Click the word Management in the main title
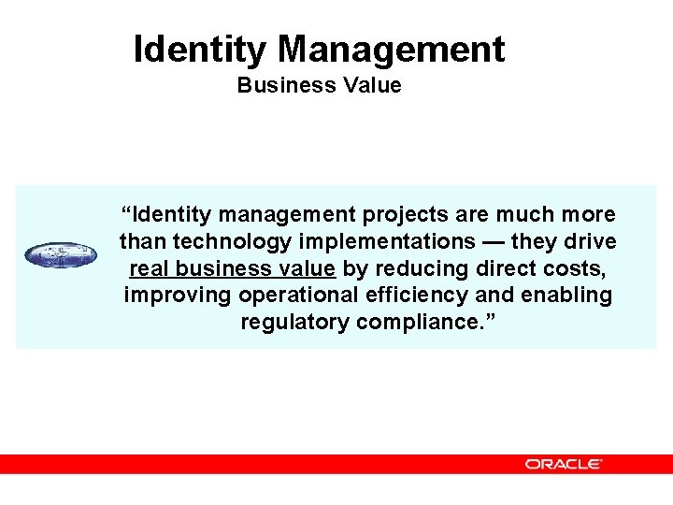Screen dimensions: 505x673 click(x=392, y=49)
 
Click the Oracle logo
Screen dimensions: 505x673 click(x=563, y=464)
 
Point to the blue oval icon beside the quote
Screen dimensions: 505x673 click(x=61, y=254)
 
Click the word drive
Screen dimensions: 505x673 click(x=590, y=241)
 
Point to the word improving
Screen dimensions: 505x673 click(x=178, y=296)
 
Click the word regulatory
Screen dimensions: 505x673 click(x=292, y=323)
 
